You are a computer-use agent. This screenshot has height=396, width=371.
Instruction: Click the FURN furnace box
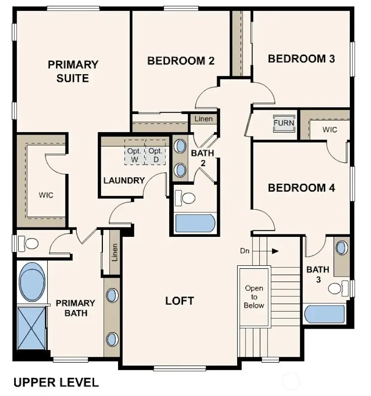point(284,123)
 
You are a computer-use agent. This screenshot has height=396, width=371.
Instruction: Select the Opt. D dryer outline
point(155,155)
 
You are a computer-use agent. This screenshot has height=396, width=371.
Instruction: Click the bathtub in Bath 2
point(195,223)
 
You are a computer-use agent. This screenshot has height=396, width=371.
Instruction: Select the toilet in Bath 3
point(339,287)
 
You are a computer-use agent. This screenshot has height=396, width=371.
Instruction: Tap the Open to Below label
point(254,297)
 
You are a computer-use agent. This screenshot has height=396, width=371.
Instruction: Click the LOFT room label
point(180,301)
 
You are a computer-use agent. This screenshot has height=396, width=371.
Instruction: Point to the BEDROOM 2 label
point(181,61)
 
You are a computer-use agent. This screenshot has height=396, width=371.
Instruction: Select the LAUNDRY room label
point(124,180)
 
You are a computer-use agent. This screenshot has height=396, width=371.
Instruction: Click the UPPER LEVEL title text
point(56,382)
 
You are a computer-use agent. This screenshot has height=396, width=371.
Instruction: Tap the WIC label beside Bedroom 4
point(330,130)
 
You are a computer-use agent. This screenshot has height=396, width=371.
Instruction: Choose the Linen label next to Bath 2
point(204,119)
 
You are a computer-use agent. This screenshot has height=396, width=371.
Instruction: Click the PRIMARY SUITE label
point(73,71)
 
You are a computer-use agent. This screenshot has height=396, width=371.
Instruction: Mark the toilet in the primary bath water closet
point(30,243)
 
